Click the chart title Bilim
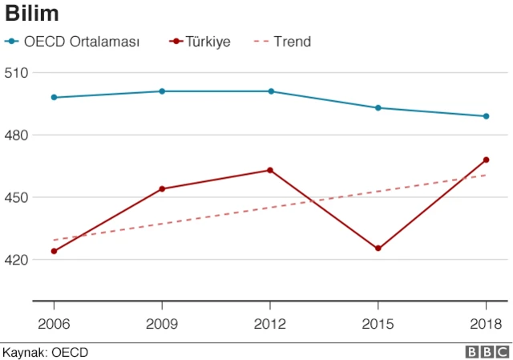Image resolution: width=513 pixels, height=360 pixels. coord(31,15)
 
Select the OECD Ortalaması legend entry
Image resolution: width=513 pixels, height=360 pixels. coord(72,42)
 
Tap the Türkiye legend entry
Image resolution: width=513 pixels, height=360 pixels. coord(200,42)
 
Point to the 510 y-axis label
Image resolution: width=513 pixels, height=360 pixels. coord(16,73)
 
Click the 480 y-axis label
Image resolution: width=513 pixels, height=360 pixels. coord(16,136)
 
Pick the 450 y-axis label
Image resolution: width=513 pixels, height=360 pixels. coord(16,198)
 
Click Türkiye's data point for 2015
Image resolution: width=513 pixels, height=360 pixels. coord(378,249)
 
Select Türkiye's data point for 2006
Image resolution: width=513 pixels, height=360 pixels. coord(54,251)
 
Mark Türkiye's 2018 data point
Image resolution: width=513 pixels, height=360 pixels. coord(487,160)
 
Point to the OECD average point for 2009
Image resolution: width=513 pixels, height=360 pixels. coord(162,91)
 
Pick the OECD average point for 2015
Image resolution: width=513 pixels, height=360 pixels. coord(378,107)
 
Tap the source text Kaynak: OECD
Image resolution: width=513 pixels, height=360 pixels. coord(45,352)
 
